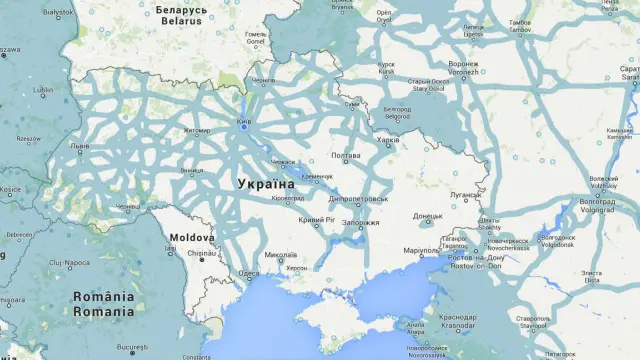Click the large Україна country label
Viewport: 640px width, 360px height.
pos(266,184)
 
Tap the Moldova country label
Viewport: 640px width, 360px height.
pos(191,238)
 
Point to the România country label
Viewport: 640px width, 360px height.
pos(103,297)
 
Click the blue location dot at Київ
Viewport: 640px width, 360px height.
pos(243,127)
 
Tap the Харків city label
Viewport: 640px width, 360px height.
pos(386,139)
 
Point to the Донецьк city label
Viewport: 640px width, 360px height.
pos(428,215)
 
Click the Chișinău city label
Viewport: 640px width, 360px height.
pos(201,254)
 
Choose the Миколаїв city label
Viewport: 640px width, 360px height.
pos(283,255)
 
